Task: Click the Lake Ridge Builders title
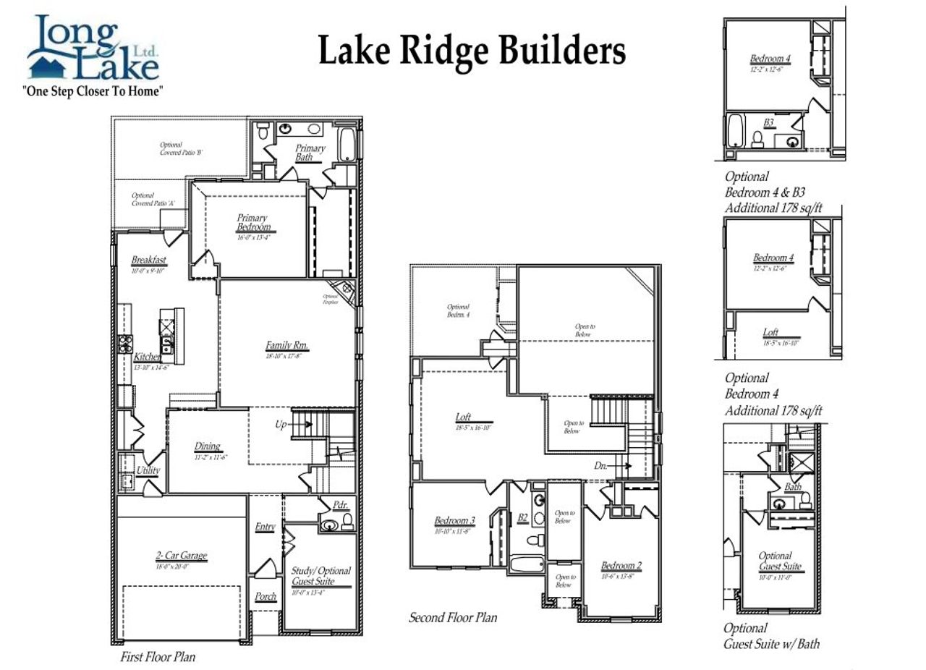tap(472, 51)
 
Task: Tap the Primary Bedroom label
tap(252, 222)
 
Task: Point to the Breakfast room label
tap(148, 260)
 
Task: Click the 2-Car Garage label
tap(181, 556)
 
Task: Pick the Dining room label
tap(207, 446)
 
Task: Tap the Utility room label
tap(148, 470)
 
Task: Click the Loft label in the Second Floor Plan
tap(463, 417)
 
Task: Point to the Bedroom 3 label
tap(454, 520)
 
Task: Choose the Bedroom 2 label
tap(621, 566)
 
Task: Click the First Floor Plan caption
tap(158, 657)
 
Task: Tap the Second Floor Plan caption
tap(453, 618)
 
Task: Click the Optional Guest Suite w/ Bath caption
tap(771, 636)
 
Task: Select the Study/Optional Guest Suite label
tap(321, 576)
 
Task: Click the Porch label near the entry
tap(266, 597)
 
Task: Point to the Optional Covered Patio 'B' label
tap(180, 149)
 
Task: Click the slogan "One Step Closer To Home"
tap(93, 91)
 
